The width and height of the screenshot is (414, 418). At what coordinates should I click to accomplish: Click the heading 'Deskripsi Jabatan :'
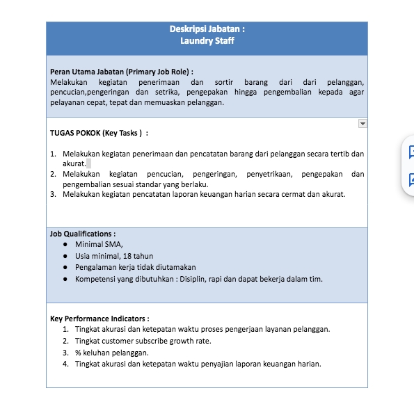click(x=207, y=29)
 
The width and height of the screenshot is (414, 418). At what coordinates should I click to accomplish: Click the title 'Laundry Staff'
click(x=207, y=41)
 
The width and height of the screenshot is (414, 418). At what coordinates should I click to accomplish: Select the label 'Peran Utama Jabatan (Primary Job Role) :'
click(x=122, y=72)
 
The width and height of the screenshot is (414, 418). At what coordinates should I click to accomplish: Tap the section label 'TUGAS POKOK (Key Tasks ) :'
click(x=99, y=132)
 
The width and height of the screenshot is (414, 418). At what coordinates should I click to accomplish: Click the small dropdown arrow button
click(x=362, y=123)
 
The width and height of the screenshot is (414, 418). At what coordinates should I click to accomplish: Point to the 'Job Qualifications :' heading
click(x=83, y=234)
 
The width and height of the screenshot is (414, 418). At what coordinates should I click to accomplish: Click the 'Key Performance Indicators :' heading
click(x=99, y=319)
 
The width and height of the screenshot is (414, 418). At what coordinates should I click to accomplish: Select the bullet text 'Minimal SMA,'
click(x=99, y=244)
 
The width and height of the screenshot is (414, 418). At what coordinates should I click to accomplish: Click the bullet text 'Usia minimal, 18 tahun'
click(x=114, y=256)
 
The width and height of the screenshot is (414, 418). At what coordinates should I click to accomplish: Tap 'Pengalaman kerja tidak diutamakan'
click(x=135, y=267)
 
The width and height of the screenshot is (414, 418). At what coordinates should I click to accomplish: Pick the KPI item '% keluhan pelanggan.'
click(x=111, y=353)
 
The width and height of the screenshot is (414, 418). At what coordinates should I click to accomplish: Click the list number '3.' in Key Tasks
click(x=53, y=194)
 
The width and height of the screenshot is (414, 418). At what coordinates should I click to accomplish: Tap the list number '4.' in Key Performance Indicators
click(x=65, y=364)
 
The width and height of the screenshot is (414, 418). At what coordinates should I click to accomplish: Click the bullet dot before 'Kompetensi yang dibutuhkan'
click(x=65, y=279)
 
